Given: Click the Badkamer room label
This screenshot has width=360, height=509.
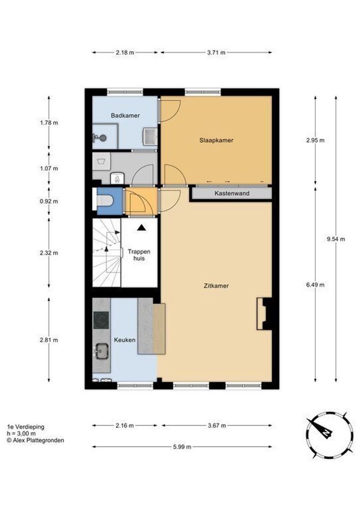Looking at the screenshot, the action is pos(125,115).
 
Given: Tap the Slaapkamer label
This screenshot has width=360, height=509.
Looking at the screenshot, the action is pos(216,140).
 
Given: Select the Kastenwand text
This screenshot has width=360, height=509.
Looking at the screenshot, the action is pos(232,193).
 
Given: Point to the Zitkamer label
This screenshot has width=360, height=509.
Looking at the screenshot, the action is pos(216,286).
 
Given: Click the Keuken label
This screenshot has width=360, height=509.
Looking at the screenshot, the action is pos(124,340).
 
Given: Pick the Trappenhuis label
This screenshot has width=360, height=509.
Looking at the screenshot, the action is pos(139,255).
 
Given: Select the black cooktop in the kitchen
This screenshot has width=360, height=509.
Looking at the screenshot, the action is pos(101,320).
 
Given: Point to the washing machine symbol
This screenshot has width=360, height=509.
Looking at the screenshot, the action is pos(101,161).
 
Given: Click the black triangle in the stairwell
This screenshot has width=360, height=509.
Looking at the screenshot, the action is pos(141,228).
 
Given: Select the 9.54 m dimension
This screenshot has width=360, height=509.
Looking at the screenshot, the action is pos(335,239).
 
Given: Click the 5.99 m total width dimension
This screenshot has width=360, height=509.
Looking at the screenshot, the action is pos(182,447).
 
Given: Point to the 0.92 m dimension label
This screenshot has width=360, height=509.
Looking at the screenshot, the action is pos(49,201).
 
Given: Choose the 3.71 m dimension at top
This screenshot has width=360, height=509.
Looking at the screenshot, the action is pos(216,52).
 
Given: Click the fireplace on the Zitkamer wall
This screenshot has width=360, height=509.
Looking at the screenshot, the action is pos(264,314).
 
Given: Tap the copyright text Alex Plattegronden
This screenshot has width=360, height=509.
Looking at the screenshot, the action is pos(35,441).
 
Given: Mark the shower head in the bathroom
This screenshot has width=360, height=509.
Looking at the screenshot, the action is pos(100,138).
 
